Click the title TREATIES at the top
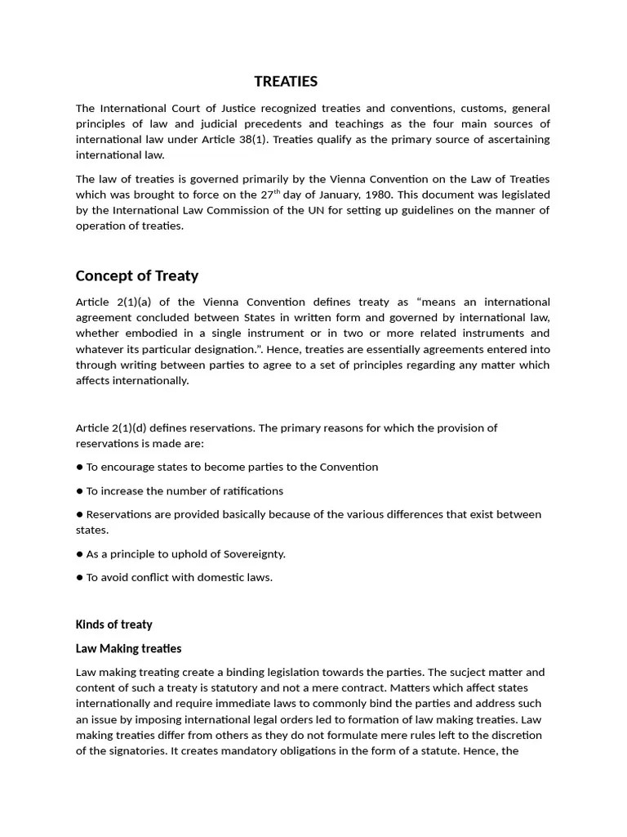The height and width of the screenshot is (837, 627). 286,81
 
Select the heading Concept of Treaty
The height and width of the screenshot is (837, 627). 136,275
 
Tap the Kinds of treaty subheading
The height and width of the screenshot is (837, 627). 113,624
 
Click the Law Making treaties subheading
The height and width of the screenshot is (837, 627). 128,648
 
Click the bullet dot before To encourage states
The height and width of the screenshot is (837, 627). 80,468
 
